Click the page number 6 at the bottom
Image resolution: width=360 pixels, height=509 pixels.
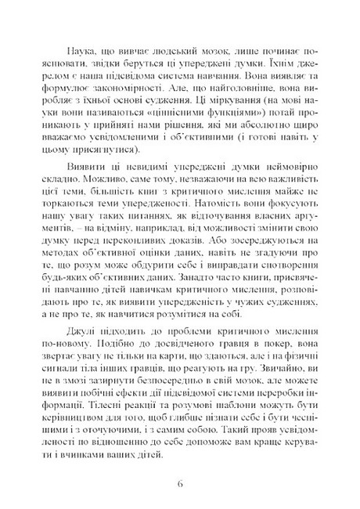click(180, 481)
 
